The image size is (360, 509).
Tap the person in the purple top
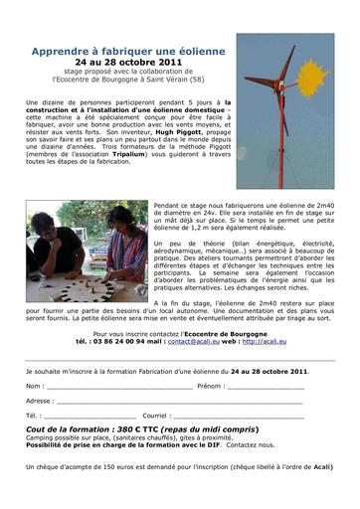click(x=124, y=239)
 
